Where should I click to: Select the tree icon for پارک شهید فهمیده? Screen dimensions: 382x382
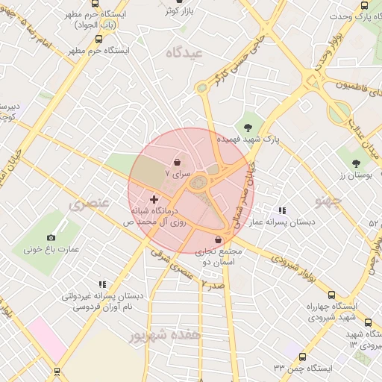(248, 126)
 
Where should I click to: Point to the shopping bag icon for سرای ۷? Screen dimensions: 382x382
(177, 162)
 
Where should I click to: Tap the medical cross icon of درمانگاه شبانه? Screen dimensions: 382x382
(154, 199)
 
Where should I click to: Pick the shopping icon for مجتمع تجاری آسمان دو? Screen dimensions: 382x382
(218, 239)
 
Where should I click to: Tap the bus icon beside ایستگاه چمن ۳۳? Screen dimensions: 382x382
(302, 356)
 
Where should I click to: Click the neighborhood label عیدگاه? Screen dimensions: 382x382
(186, 52)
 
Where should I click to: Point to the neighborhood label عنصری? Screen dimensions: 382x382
(90, 203)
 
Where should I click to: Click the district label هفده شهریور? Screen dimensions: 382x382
(165, 336)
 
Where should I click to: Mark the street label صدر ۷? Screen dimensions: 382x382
(213, 285)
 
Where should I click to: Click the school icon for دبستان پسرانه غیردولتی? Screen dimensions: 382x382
(102, 284)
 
